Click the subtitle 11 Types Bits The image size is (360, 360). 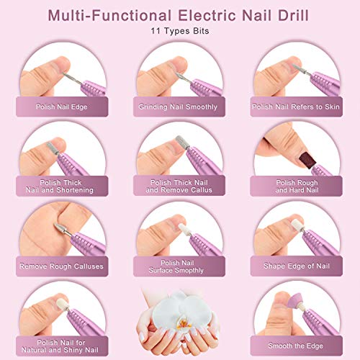tap(180, 32)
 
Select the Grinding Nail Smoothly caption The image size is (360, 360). tap(179, 107)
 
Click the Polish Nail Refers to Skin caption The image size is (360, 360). tap(295, 107)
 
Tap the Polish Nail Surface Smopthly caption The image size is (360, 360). tap(179, 266)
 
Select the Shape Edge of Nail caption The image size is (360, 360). tap(295, 266)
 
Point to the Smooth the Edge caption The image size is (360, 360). tap(295, 345)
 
